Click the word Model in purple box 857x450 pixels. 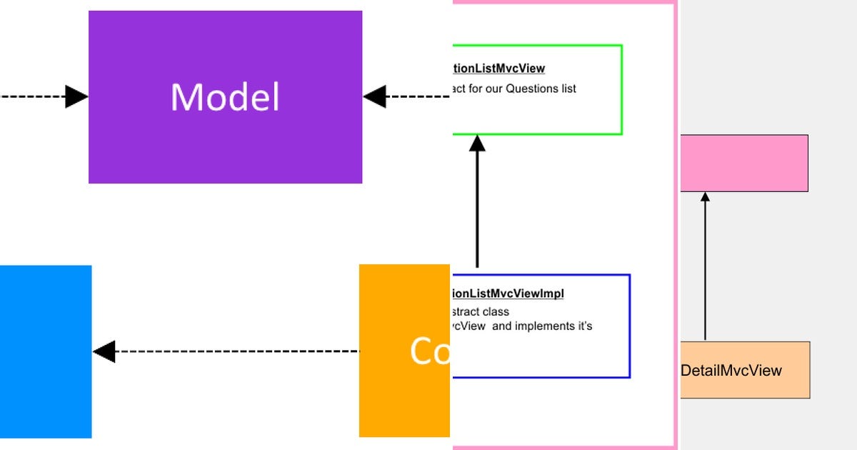pos(225,97)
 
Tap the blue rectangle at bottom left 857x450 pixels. pos(45,351)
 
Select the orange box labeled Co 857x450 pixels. pos(404,351)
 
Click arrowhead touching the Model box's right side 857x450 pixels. pos(374,96)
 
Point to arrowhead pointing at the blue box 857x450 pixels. pos(104,351)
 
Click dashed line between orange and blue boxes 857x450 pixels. pos(236,351)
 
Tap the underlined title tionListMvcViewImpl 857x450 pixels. pos(508,294)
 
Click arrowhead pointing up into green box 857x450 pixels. pos(477,144)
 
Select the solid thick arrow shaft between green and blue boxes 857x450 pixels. pos(477,211)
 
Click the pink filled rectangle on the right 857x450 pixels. pos(743,163)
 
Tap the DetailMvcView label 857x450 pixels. pos(731,371)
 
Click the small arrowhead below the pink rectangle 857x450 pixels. pos(705,196)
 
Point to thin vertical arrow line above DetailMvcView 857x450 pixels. pos(705,271)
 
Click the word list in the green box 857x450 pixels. pos(568,89)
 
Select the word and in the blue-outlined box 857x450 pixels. pos(502,326)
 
